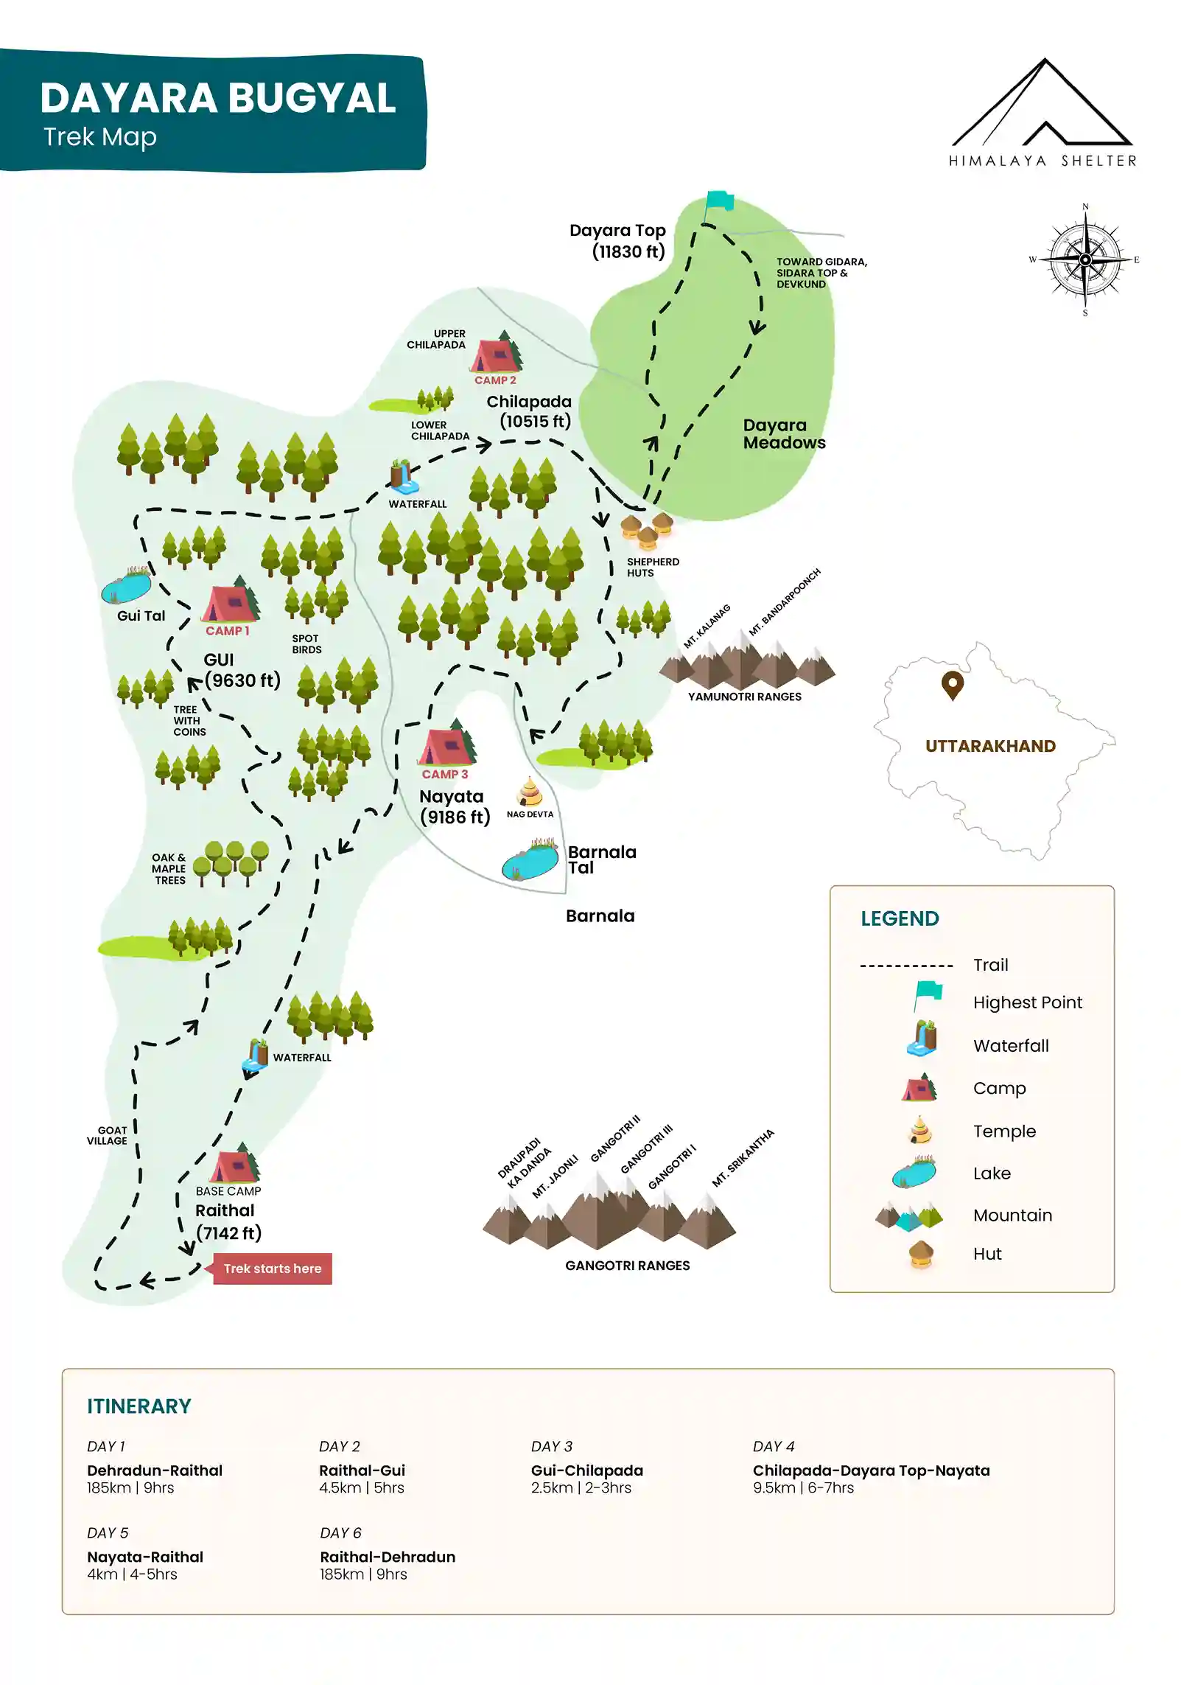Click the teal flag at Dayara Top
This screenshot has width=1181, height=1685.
719,200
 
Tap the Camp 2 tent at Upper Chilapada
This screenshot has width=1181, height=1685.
495,355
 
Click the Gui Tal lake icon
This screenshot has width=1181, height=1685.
126,587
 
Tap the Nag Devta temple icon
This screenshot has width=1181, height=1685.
530,792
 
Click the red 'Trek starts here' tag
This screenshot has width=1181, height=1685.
273,1269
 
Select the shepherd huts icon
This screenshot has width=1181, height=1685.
647,530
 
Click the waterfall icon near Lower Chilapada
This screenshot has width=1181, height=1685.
402,477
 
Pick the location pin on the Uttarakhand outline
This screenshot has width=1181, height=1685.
952,685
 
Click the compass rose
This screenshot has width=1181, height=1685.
1084,259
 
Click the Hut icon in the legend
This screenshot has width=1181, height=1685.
921,1254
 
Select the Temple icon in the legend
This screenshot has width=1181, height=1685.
919,1131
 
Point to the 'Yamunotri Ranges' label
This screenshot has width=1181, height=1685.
744,697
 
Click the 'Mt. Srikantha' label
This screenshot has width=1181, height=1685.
743,1158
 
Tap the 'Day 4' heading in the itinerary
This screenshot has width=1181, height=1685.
773,1446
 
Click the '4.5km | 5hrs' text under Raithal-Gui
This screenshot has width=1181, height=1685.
361,1487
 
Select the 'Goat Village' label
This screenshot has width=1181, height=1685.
108,1135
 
